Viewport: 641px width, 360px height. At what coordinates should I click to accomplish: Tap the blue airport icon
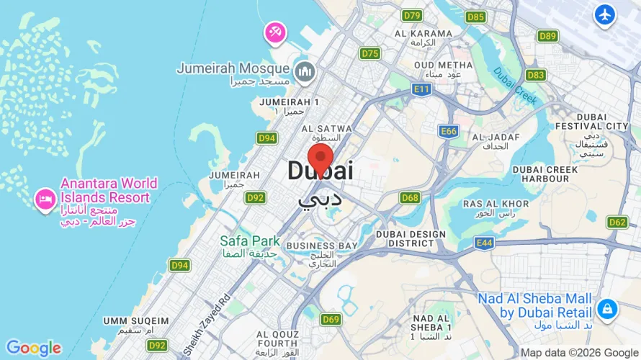click(x=605, y=14)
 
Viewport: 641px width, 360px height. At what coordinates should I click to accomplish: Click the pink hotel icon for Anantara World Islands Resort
click(x=45, y=199)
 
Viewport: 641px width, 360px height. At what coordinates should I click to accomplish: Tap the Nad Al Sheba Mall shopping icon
click(x=606, y=310)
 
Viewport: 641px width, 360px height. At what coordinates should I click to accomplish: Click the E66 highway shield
click(x=449, y=131)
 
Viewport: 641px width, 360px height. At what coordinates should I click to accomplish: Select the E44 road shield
click(x=484, y=243)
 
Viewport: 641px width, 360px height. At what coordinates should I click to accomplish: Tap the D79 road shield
click(x=412, y=15)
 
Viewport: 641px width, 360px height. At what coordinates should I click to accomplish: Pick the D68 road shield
click(x=410, y=197)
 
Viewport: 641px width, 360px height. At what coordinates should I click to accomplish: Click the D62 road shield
click(x=617, y=222)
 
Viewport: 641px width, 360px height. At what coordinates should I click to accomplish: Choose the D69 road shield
click(x=331, y=319)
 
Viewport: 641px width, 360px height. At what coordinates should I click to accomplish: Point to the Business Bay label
click(x=321, y=246)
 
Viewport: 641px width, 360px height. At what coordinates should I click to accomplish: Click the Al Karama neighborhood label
click(x=423, y=34)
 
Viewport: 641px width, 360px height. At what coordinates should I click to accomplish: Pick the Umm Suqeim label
click(x=136, y=320)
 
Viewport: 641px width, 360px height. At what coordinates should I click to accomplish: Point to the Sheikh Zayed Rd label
click(x=206, y=316)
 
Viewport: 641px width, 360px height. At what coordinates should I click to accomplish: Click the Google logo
click(x=34, y=348)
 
